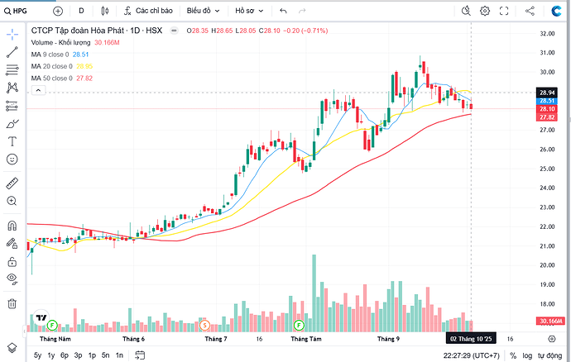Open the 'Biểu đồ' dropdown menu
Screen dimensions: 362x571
[x=202, y=11]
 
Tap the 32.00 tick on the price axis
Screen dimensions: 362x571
[x=545, y=34]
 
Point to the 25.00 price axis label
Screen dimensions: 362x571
[x=545, y=169]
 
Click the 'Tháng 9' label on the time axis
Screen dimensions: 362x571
[x=388, y=339]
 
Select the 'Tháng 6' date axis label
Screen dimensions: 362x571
[x=133, y=339]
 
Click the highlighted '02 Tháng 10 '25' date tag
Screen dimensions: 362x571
[x=471, y=339]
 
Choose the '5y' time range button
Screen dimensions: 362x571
[x=38, y=355]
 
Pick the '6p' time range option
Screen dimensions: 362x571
[x=65, y=355]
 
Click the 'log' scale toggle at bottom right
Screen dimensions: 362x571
[x=527, y=355]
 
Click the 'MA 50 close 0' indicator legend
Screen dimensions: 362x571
[x=50, y=78]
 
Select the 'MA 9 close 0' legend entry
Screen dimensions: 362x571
[x=48, y=54]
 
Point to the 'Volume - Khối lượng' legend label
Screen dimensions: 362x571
[x=61, y=42]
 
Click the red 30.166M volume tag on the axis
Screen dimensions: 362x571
[x=549, y=321]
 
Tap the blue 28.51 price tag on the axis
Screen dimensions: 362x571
[x=546, y=101]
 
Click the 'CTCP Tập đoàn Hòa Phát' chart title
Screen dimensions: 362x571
[x=74, y=31]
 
